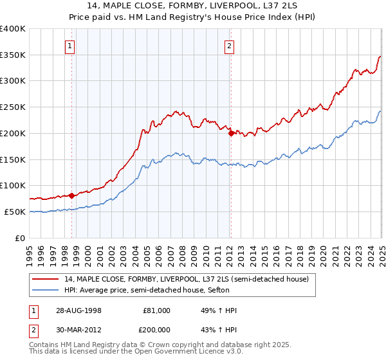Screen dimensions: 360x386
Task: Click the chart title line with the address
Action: click(192, 7)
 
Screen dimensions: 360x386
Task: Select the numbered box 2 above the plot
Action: click(229, 46)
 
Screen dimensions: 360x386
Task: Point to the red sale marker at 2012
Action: click(231, 133)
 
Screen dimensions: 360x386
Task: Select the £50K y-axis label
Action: click(15, 212)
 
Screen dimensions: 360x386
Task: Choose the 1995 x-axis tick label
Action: click(30, 253)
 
